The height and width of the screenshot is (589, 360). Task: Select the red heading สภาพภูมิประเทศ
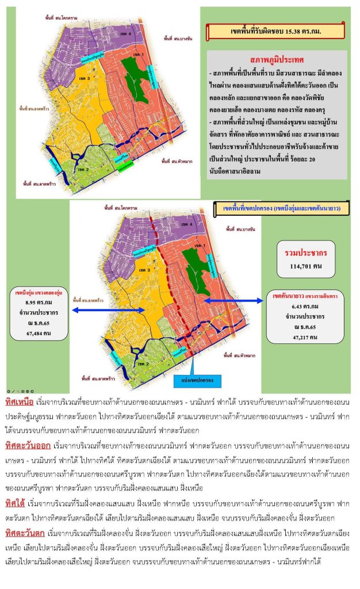click(277, 59)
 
